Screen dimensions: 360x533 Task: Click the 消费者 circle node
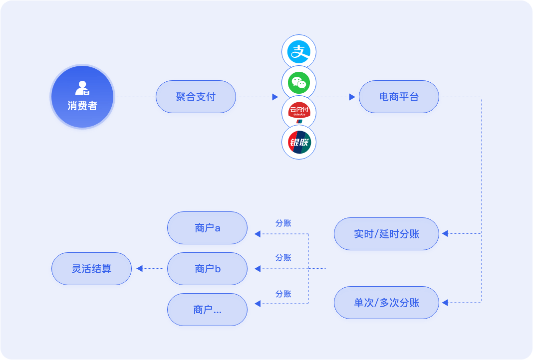coord(82,97)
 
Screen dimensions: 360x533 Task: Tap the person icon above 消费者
coord(82,88)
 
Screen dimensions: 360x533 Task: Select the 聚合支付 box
coord(196,97)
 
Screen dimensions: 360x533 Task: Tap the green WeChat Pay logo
coord(299,82)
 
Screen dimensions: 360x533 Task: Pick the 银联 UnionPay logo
coord(299,143)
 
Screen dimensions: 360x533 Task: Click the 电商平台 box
coord(399,97)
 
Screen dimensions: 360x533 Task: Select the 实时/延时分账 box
coord(386,234)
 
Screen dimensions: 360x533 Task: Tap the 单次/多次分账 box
coord(386,303)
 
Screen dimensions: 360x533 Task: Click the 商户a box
coord(207,228)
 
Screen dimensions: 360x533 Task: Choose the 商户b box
coord(207,269)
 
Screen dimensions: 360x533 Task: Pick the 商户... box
coord(207,310)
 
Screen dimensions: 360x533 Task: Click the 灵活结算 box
coord(91,269)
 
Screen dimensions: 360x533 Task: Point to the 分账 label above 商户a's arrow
coord(283,223)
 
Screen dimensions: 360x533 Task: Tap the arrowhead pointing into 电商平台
coord(352,97)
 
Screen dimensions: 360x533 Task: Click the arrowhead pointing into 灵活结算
coord(140,269)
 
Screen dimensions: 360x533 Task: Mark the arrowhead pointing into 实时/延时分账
coord(445,233)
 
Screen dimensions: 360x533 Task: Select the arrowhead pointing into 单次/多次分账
coord(445,302)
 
